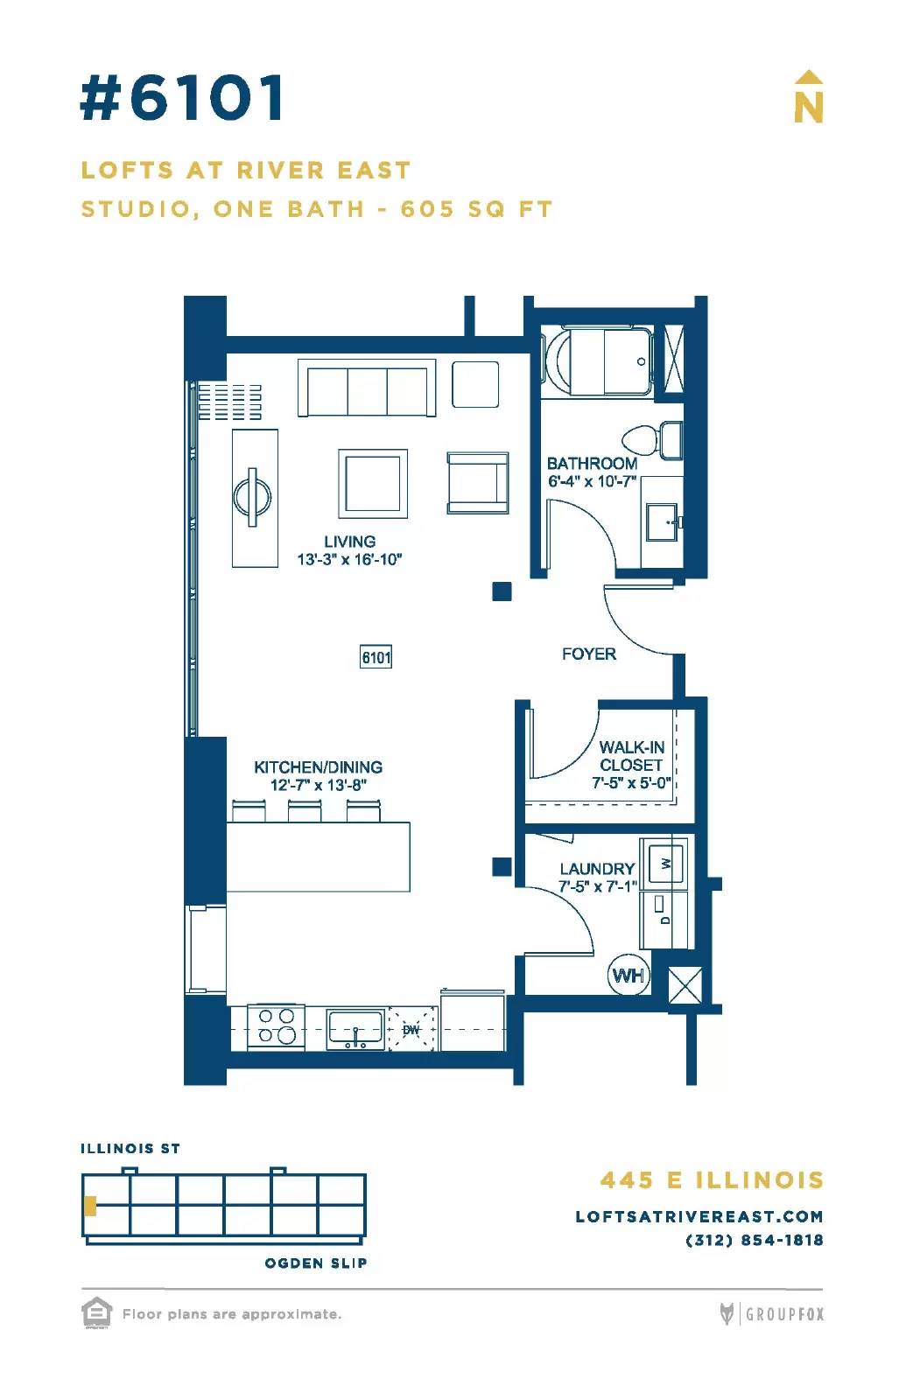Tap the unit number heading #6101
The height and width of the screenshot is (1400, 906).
(x=182, y=97)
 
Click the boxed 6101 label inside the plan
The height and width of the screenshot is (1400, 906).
(x=376, y=657)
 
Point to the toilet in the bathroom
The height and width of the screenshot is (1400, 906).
(x=652, y=439)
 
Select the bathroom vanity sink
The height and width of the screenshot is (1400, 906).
(x=664, y=521)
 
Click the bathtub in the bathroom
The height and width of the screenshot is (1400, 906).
(x=599, y=362)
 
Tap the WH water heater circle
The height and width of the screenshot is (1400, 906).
(x=629, y=975)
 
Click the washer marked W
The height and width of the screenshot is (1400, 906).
(x=665, y=864)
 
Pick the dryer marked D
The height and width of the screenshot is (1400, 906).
(x=664, y=919)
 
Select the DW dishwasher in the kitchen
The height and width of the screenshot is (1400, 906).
(x=411, y=1029)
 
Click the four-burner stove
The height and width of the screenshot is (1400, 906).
(x=277, y=1026)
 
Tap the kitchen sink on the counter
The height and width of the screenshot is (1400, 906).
(x=355, y=1029)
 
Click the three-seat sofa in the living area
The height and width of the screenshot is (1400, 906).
(x=367, y=388)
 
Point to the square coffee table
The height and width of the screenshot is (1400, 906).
(x=373, y=483)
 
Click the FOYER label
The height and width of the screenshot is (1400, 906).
(x=588, y=654)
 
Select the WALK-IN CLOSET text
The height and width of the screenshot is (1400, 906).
(x=631, y=756)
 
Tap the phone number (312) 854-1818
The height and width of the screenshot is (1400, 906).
(x=754, y=1240)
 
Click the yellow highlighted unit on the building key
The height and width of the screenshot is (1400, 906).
(x=90, y=1206)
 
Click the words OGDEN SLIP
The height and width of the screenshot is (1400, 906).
(x=316, y=1263)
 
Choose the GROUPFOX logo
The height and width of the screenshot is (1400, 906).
(x=771, y=1313)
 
